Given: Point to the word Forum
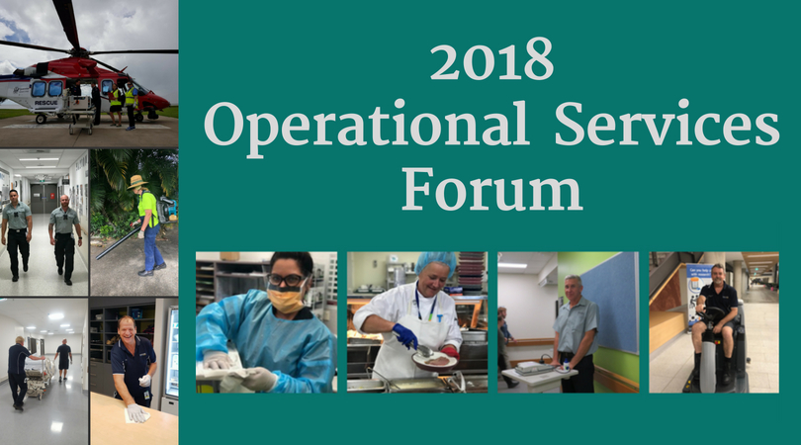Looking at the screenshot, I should (x=490, y=189).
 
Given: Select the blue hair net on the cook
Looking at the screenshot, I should (x=435, y=263).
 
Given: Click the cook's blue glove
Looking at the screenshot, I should (x=404, y=336).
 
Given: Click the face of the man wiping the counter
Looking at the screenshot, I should (x=130, y=330).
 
